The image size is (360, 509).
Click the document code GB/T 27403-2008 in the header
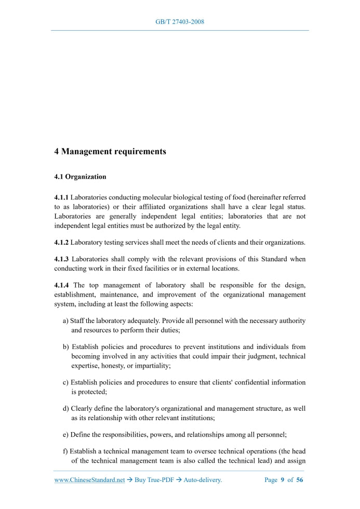tap(180, 22)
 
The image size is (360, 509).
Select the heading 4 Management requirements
tap(110, 152)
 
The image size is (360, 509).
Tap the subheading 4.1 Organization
tap(80, 177)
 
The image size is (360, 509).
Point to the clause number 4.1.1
tap(61, 197)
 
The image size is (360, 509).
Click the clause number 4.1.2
tap(61, 242)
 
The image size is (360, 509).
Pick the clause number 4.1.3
tap(61, 259)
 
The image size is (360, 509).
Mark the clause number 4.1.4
tap(61, 285)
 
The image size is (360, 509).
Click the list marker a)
tap(66, 321)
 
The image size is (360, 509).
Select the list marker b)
tap(66, 346)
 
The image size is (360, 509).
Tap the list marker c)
tap(66, 382)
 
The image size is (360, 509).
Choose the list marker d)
tap(66, 408)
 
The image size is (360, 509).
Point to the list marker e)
tap(66, 434)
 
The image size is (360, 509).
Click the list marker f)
tap(65, 451)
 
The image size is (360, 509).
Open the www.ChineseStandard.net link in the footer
tap(89, 480)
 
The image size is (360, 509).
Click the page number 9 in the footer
tap(283, 480)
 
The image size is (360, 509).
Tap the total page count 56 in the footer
tap(300, 480)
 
